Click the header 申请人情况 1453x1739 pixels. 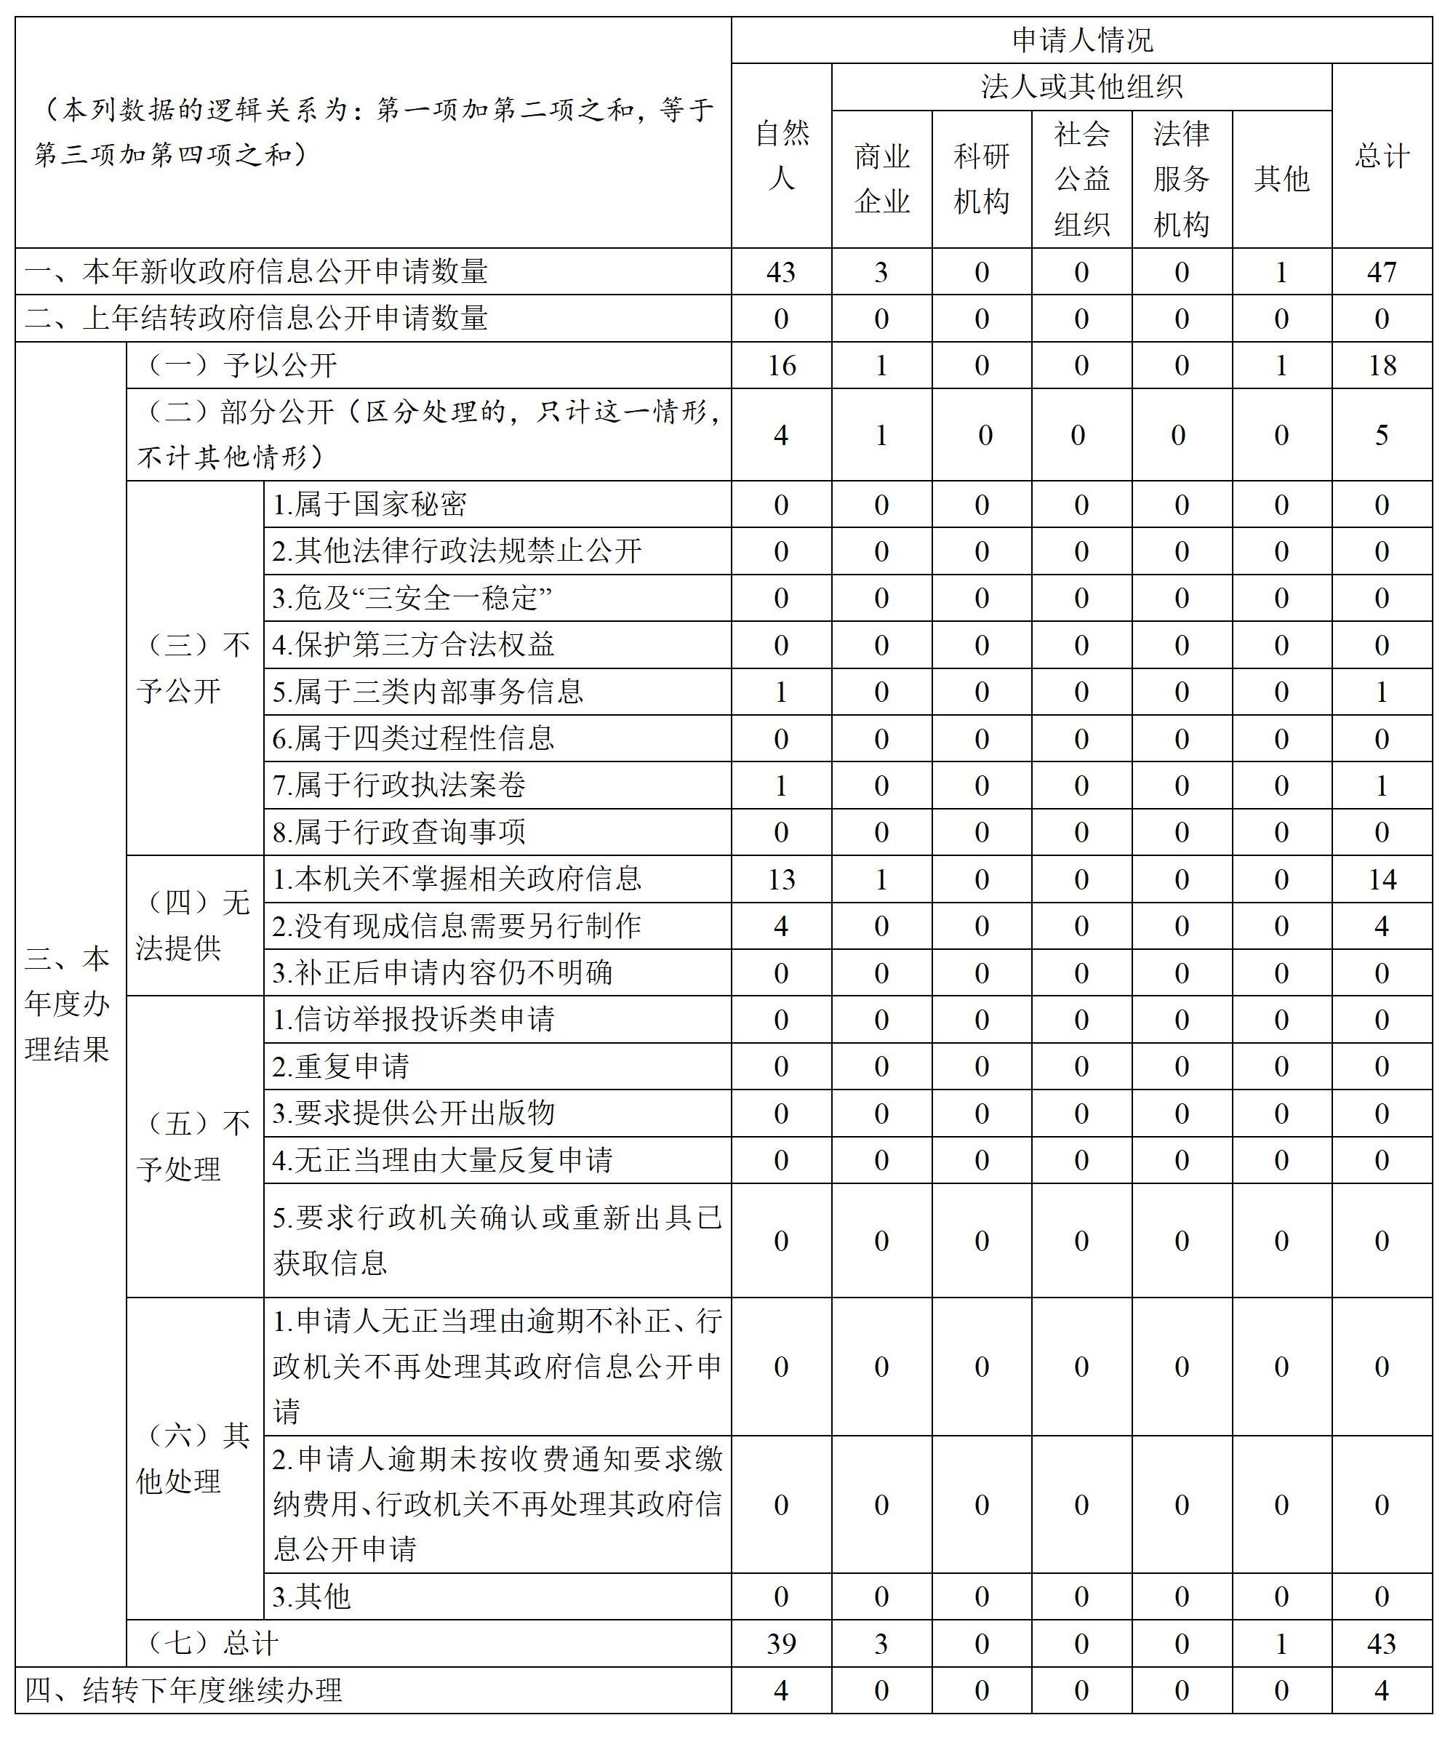(1081, 40)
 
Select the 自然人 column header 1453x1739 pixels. (781, 156)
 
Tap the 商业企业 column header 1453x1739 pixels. (881, 179)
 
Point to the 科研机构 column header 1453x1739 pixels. (981, 179)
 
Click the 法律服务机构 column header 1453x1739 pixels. (1182, 179)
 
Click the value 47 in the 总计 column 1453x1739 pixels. (1381, 271)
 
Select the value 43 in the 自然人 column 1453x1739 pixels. (781, 271)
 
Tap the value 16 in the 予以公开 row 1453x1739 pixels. (781, 365)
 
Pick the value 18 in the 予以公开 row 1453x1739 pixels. (1381, 365)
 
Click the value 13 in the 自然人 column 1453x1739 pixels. (781, 879)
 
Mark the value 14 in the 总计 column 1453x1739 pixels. (1381, 879)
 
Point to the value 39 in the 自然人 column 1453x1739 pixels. (781, 1644)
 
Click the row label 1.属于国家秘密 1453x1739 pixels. (369, 504)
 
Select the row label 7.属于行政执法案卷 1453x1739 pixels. (399, 785)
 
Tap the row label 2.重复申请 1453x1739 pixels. (341, 1066)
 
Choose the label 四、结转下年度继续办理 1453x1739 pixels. (184, 1690)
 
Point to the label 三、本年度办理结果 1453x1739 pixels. (68, 1004)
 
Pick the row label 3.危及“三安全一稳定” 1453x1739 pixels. (412, 598)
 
